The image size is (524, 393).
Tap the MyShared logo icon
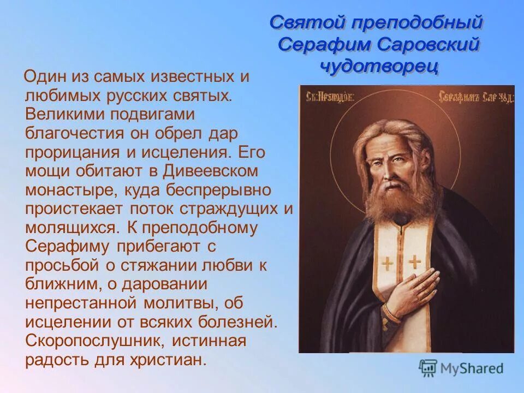(428, 368)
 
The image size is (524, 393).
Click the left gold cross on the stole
(388, 263)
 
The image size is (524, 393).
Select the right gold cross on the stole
(415, 261)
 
